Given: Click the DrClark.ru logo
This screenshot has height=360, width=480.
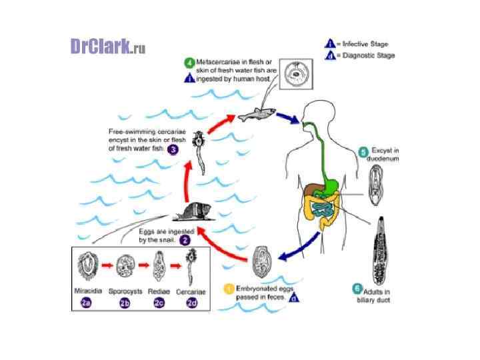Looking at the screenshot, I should [107, 46].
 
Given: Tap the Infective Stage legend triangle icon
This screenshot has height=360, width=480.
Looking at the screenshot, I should [329, 43].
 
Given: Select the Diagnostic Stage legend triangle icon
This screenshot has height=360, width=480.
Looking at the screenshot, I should [329, 55].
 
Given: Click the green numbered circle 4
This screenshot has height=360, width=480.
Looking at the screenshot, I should [189, 63].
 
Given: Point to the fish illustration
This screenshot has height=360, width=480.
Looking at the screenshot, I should [255, 115].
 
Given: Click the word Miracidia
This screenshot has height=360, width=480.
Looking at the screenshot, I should [87, 291].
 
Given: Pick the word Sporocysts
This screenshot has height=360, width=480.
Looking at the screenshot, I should [125, 291].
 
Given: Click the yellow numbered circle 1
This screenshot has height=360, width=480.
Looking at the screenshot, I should [229, 289].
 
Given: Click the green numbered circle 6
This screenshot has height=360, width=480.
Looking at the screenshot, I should [357, 289].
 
